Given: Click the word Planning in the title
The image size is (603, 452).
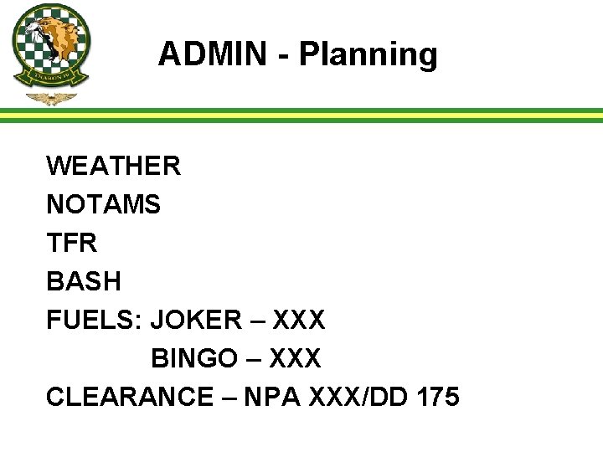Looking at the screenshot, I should pyautogui.click(x=368, y=55).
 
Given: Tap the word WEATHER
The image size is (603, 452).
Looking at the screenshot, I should pyautogui.click(x=113, y=166).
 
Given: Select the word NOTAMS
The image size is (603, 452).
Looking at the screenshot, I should pyautogui.click(x=103, y=204).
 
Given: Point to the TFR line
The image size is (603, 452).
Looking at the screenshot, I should pyautogui.click(x=72, y=243).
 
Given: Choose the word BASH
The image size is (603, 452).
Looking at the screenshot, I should pyautogui.click(x=84, y=281).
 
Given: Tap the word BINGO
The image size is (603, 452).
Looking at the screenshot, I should pyautogui.click(x=194, y=358).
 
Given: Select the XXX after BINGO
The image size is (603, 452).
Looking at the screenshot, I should pyautogui.click(x=294, y=358).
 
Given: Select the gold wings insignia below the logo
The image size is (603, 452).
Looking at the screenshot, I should pyautogui.click(x=51, y=99).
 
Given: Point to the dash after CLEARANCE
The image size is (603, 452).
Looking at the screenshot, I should pyautogui.click(x=229, y=398).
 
